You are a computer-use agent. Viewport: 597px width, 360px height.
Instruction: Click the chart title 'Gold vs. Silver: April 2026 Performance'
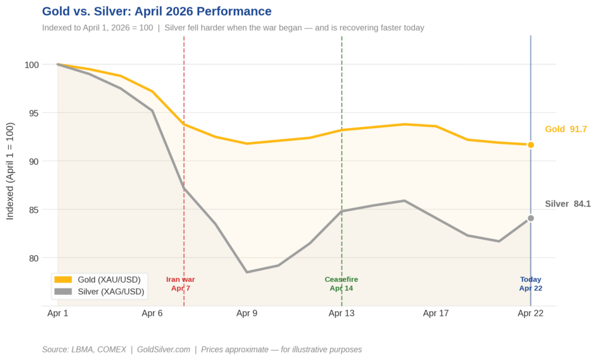point(157,12)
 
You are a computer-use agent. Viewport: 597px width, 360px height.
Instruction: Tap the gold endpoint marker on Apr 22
point(531,144)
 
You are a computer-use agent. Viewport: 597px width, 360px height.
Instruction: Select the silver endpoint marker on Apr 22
point(531,218)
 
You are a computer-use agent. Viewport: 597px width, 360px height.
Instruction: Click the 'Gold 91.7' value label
point(566,129)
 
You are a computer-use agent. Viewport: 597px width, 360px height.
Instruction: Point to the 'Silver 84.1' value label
point(567,204)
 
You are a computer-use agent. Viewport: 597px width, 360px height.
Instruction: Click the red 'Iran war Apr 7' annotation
point(181,284)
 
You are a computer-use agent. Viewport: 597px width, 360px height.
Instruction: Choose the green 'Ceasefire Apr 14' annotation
point(341,284)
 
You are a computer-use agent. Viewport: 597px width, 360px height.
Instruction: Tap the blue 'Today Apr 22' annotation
point(531,284)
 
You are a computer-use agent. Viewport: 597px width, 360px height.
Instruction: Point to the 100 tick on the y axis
point(32,65)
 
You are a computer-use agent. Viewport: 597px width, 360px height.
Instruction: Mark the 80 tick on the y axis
point(34,258)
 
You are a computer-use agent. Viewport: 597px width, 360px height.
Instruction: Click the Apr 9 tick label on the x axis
point(247,313)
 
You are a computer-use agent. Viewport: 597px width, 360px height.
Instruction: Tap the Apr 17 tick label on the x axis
point(436,313)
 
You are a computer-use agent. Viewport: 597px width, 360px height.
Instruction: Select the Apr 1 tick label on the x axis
point(58,313)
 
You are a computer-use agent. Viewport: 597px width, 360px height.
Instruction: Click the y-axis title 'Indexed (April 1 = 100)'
point(10,171)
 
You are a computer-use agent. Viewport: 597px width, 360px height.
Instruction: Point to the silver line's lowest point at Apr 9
point(247,272)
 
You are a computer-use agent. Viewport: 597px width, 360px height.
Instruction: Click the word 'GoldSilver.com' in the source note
point(163,350)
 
